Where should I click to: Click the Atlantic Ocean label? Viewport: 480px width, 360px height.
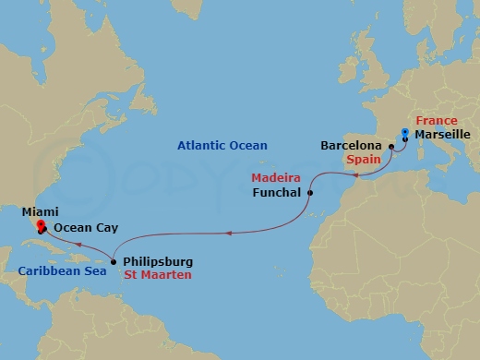222,146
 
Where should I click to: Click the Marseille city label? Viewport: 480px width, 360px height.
443,136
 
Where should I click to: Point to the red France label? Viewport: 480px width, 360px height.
437,121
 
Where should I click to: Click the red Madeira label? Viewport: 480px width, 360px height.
275,177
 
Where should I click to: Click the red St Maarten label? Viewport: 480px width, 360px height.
157,275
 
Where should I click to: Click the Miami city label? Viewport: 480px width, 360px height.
26,211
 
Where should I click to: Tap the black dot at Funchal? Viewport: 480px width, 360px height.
310,193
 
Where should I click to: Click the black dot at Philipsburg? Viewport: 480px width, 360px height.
113,261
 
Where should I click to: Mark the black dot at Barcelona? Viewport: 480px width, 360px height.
391,146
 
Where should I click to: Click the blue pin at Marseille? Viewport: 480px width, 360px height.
404,133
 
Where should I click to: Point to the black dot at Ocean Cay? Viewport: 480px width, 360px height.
45,229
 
